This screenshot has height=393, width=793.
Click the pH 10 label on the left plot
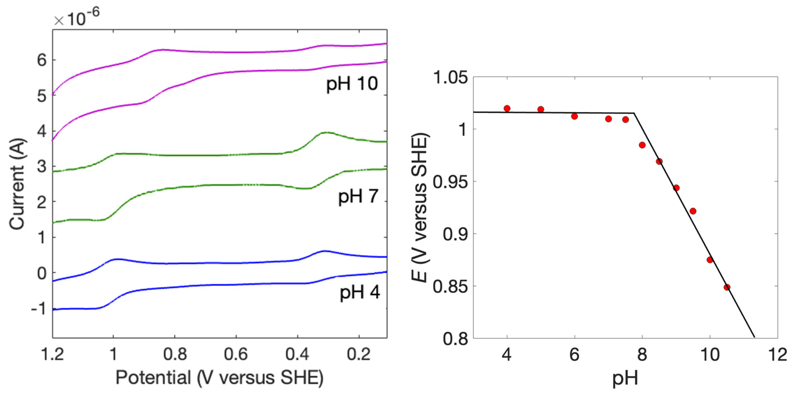[352, 84]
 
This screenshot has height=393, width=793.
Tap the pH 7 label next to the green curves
[358, 196]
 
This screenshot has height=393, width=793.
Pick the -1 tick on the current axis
[39, 308]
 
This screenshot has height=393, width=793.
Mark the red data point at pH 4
[507, 108]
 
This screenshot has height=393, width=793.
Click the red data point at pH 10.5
[727, 287]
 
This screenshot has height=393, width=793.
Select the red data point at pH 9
[676, 188]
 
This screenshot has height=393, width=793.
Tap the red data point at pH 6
[574, 116]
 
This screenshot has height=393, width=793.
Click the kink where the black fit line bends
[634, 113]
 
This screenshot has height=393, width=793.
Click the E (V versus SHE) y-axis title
[420, 208]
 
